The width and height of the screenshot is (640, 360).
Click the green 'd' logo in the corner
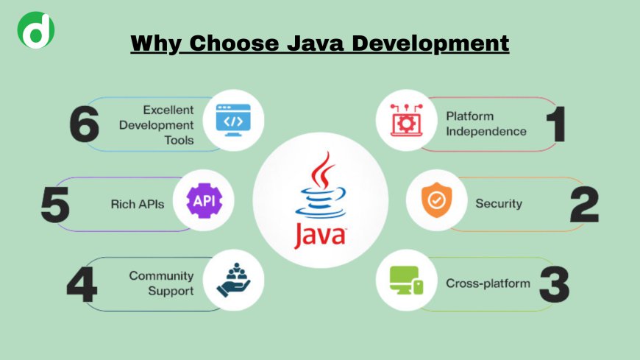[x=35, y=30]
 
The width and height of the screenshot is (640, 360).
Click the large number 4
[x=82, y=284]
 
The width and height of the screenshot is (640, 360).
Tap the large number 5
[x=55, y=203]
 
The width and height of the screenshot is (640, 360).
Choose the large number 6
[x=85, y=124]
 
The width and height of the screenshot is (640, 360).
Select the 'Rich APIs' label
[x=138, y=203]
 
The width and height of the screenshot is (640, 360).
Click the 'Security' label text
[x=497, y=203]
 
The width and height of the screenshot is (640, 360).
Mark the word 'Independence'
[x=486, y=132]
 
